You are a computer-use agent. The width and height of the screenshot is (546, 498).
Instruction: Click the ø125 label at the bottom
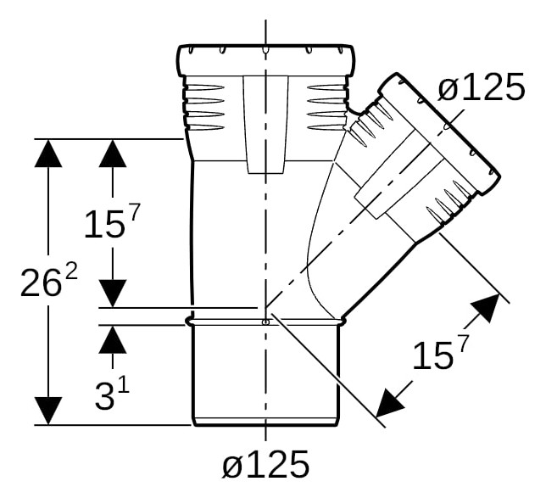[x=265, y=464]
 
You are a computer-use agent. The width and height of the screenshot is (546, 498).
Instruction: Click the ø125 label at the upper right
[x=481, y=87]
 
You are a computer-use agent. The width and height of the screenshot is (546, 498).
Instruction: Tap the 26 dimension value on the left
[x=40, y=283]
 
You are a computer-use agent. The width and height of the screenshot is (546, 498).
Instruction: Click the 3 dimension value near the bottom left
[x=104, y=396]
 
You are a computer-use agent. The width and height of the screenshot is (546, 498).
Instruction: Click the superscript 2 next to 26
[x=71, y=273]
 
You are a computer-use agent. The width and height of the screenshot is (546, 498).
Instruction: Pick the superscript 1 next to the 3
[x=125, y=386]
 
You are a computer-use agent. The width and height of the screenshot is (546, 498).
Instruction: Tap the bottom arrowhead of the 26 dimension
[x=48, y=411]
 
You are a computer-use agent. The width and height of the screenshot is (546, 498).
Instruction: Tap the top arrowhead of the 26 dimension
[x=48, y=153]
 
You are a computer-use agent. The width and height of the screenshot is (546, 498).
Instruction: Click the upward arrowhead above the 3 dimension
[x=113, y=339]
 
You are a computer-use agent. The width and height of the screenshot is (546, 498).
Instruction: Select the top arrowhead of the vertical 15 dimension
[x=113, y=153]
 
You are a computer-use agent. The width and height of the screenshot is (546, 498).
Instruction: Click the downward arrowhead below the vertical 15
[x=113, y=294]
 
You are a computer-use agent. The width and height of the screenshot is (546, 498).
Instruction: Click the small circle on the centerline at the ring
[x=265, y=322]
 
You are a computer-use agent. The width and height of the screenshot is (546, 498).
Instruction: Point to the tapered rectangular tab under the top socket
[x=265, y=125]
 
